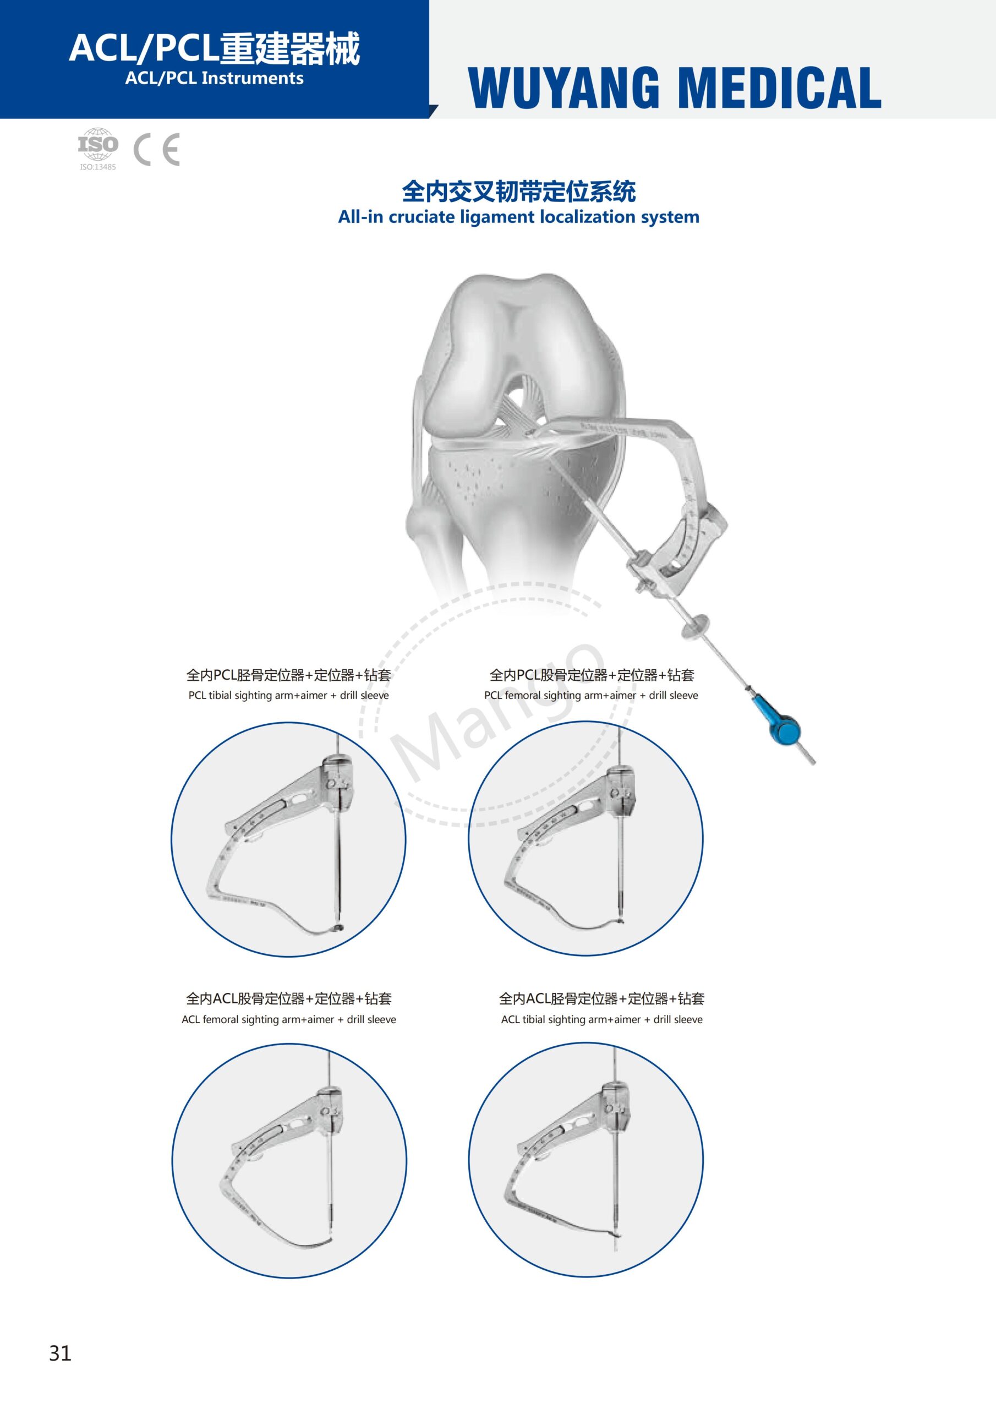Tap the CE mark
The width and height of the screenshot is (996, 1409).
156,149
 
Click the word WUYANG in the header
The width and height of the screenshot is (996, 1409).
564,89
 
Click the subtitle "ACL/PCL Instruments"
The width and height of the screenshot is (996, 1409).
214,79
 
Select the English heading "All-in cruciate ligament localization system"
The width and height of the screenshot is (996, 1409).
518,217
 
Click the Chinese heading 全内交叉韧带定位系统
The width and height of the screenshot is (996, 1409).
518,192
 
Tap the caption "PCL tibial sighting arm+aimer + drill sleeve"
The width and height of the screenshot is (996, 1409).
288,695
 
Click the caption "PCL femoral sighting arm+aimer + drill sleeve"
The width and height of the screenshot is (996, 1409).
591,695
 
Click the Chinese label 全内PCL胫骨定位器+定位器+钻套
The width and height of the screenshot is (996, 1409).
288,675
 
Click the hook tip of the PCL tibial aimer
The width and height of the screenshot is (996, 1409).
339,927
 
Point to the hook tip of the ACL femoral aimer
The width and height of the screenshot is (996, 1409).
330,1241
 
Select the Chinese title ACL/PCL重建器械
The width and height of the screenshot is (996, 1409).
214,48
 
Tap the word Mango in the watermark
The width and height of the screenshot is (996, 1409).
497,712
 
